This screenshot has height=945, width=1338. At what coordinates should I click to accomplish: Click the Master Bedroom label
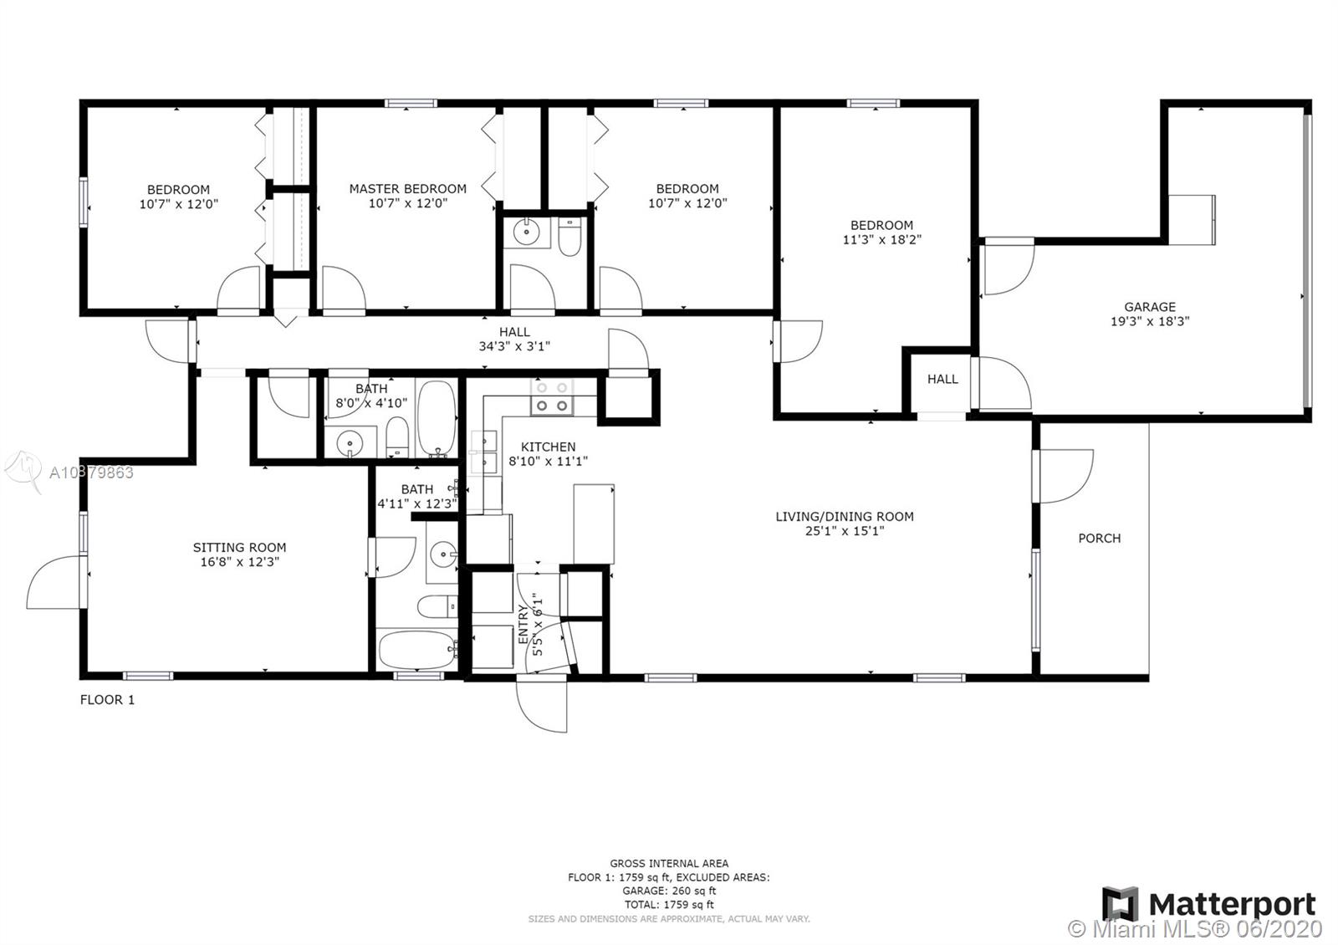[408, 189]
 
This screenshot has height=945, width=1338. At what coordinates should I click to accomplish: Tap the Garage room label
[1150, 307]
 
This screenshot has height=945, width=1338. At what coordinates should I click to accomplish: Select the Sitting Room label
[239, 547]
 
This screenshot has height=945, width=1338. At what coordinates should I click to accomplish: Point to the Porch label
[1100, 539]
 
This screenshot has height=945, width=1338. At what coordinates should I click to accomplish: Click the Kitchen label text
[549, 447]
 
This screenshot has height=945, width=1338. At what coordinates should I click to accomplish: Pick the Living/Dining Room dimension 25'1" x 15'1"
[845, 531]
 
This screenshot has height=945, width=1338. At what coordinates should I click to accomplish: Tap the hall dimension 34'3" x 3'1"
[514, 346]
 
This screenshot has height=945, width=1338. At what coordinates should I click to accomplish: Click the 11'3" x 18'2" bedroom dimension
[882, 239]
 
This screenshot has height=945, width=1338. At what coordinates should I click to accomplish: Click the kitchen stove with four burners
[552, 397]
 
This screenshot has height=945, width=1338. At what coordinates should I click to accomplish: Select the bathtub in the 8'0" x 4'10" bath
[437, 419]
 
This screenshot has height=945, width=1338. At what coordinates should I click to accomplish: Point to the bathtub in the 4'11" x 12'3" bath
[417, 650]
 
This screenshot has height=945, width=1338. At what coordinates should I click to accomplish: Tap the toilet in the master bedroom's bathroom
[569, 237]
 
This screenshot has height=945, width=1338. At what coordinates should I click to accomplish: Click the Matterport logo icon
[1120, 904]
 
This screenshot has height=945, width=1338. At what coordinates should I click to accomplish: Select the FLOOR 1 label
[108, 699]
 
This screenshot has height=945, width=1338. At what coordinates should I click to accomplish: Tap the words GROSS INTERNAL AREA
[669, 863]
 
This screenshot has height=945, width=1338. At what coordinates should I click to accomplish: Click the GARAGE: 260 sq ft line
[669, 891]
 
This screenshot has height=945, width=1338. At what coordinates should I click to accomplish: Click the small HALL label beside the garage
[942, 380]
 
